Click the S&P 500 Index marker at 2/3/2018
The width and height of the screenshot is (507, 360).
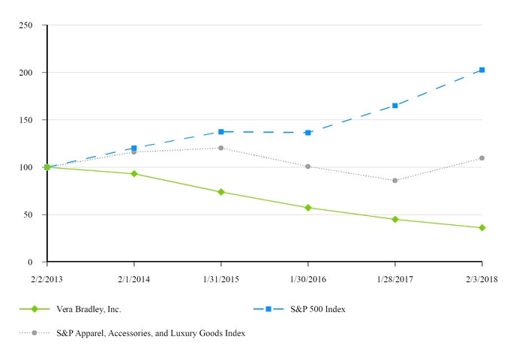(481, 70)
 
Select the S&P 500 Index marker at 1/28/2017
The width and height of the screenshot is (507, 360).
(394, 106)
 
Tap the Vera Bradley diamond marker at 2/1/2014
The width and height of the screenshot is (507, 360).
(134, 173)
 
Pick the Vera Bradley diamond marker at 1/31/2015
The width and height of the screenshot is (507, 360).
(221, 192)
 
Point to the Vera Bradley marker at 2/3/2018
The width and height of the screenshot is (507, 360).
(481, 227)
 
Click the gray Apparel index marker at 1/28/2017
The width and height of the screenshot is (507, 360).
(394, 181)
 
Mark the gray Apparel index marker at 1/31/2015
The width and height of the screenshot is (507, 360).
(221, 148)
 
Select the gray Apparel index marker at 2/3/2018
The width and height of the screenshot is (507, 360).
(481, 158)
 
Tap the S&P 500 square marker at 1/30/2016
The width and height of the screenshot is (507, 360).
(307, 133)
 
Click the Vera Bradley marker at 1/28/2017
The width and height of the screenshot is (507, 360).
(394, 219)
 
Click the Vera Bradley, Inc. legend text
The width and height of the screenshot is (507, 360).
(88, 309)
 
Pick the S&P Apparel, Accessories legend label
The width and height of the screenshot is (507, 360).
(151, 332)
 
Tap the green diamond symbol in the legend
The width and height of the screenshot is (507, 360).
(34, 309)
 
